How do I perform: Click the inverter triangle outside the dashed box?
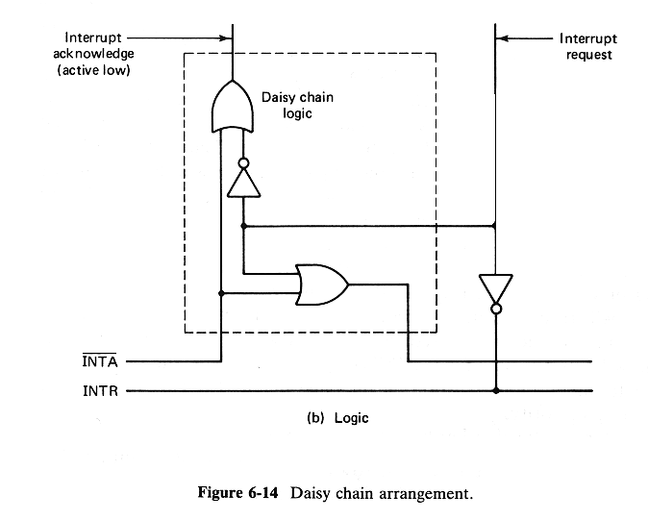[496, 287]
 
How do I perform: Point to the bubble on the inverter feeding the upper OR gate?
[243, 162]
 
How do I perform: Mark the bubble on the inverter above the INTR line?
[496, 310]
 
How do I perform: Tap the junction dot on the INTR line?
[496, 391]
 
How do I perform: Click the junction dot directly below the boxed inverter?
[243, 227]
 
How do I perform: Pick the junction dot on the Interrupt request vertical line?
[496, 227]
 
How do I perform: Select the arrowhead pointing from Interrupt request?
[504, 39]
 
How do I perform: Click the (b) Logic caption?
[333, 420]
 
